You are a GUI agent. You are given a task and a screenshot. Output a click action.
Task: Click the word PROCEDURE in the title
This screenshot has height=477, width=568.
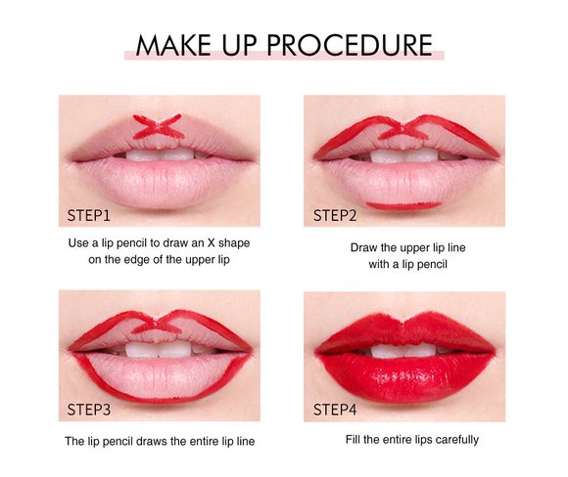(x=350, y=45)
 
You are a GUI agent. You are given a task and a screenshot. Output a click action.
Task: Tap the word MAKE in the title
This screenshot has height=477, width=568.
(x=173, y=45)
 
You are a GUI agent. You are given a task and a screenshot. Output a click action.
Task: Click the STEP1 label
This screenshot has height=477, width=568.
(x=88, y=216)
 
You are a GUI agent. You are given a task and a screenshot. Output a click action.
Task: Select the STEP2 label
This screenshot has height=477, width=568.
(x=335, y=216)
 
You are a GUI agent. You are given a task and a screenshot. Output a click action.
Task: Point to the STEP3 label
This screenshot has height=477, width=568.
(x=89, y=410)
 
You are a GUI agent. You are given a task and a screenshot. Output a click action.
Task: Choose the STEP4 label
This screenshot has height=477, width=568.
(x=335, y=410)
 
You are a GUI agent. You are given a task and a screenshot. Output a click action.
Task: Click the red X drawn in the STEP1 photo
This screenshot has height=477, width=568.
(x=158, y=126)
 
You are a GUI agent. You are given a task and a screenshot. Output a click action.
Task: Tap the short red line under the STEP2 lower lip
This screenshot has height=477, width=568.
(x=403, y=206)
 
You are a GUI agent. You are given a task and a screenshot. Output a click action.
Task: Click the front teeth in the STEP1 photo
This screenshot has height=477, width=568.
(x=160, y=154)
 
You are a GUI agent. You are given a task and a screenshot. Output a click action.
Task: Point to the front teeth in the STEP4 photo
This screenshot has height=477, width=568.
(x=403, y=351)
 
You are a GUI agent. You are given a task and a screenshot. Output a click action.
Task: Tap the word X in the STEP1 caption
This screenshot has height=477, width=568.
(x=212, y=243)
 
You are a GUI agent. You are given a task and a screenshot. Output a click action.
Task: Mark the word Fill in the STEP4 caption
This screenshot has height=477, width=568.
(x=353, y=440)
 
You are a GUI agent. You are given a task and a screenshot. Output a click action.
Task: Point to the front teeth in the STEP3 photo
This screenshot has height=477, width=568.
(x=160, y=350)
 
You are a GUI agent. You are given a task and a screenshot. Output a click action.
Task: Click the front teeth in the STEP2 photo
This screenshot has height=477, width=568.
(x=403, y=155)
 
